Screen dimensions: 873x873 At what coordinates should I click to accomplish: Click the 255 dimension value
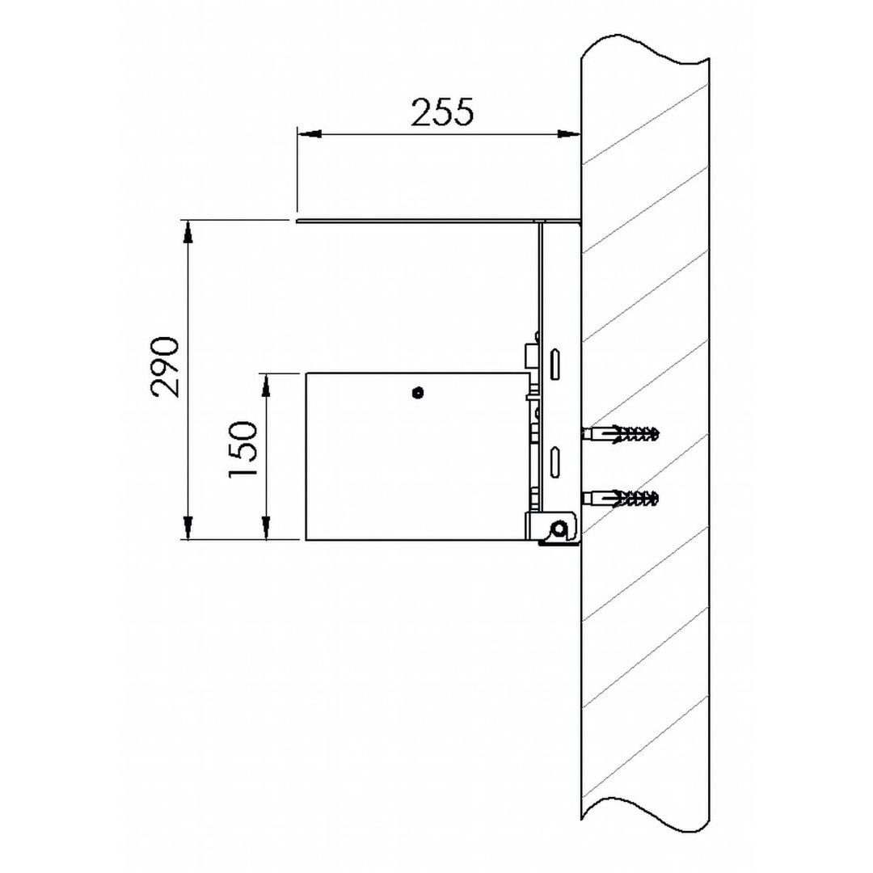tap(442, 112)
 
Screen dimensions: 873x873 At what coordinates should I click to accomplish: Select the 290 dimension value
tap(165, 367)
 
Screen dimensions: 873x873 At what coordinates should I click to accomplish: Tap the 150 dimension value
tap(243, 449)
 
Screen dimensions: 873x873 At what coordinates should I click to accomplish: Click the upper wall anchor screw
tap(621, 434)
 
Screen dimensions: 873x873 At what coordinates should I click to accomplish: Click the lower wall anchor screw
tap(621, 498)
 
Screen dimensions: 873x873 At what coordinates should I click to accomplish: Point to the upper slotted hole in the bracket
tap(555, 365)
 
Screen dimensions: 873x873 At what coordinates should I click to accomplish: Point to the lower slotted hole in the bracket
tap(555, 462)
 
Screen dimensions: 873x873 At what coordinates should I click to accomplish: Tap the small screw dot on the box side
tap(418, 393)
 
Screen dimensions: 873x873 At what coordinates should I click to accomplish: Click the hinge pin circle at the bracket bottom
tap(559, 529)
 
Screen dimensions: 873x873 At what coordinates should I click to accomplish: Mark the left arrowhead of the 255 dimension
tap(309, 133)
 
